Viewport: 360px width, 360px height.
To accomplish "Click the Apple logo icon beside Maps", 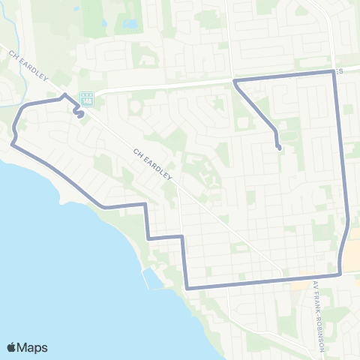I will click(x=12, y=347).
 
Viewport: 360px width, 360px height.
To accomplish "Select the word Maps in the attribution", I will click(x=33, y=347).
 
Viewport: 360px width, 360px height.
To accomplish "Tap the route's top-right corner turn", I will click(x=333, y=71).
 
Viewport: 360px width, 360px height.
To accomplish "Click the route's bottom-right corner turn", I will click(x=340, y=274).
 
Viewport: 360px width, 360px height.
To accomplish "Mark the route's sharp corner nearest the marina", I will click(x=186, y=287).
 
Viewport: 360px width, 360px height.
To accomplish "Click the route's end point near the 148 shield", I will click(x=79, y=117).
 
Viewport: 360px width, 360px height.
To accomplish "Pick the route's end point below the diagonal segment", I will click(x=279, y=148).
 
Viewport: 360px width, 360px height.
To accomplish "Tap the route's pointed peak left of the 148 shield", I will click(x=64, y=94).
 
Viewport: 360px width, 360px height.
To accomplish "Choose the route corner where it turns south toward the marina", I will click(x=144, y=204).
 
